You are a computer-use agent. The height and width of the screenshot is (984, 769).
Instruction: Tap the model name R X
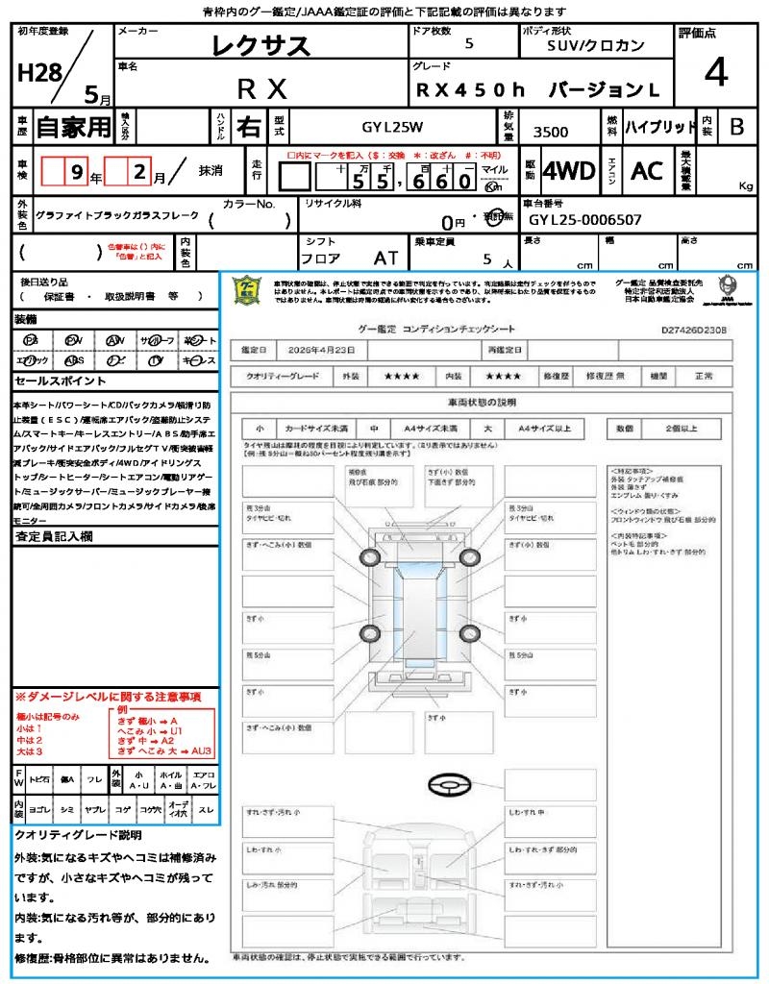261,89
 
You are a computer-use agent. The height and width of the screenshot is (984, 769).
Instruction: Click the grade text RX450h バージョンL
538,90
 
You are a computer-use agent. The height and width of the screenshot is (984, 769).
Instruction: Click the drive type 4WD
568,171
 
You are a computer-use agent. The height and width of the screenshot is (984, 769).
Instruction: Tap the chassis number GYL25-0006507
584,219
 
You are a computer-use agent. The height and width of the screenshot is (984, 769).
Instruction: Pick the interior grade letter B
736,126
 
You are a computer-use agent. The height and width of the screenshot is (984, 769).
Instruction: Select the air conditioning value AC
647,171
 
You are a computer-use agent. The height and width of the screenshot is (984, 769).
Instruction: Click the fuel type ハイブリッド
660,126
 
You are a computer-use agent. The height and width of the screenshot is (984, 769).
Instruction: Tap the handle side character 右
248,126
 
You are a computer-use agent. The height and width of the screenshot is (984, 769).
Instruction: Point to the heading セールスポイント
54,381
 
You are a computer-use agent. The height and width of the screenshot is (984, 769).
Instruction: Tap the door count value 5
468,44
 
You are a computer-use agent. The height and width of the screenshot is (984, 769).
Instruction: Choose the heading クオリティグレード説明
78,834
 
